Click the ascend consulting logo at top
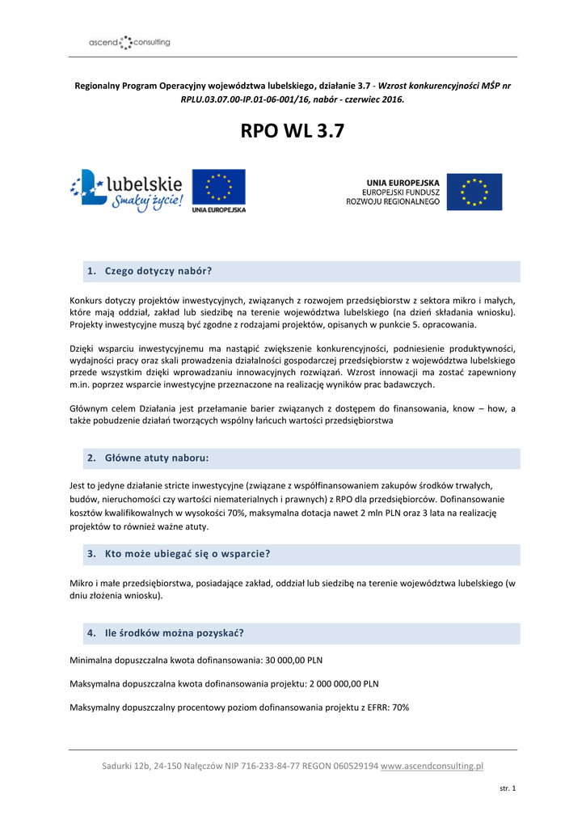(x=129, y=41)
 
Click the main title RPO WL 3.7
(x=293, y=131)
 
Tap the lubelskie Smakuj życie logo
(x=128, y=191)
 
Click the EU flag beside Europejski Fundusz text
(x=474, y=192)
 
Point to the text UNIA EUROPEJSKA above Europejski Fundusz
(x=403, y=182)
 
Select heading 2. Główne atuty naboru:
(x=149, y=458)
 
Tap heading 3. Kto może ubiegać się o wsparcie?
(x=179, y=554)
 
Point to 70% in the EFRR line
(x=400, y=707)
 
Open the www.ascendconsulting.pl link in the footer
(x=432, y=766)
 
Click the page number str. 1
(x=508, y=788)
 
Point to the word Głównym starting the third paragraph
(x=91, y=409)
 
